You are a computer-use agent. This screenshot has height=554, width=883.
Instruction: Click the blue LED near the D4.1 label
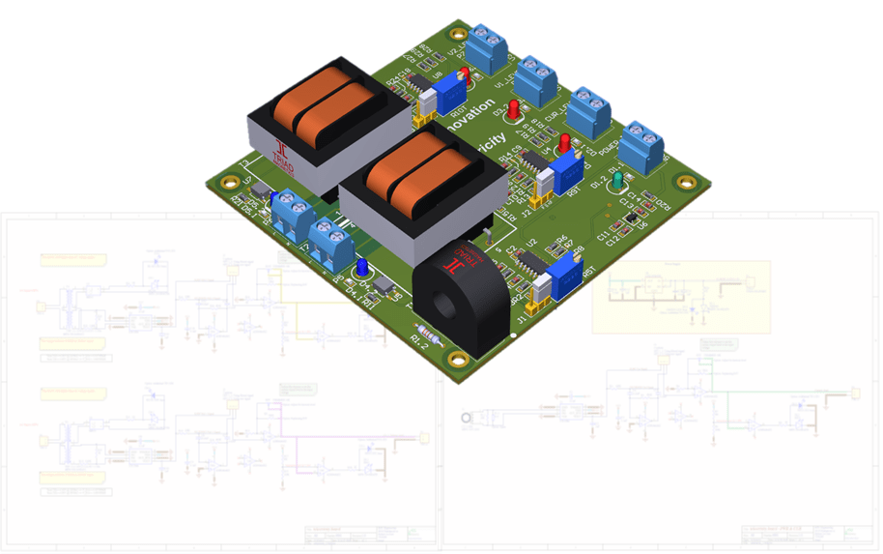tap(359, 267)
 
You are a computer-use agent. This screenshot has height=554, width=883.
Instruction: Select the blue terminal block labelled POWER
tap(641, 146)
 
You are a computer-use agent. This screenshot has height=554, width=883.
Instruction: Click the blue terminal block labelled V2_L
tap(491, 47)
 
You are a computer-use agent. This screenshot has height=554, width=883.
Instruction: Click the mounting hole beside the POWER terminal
tap(686, 181)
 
